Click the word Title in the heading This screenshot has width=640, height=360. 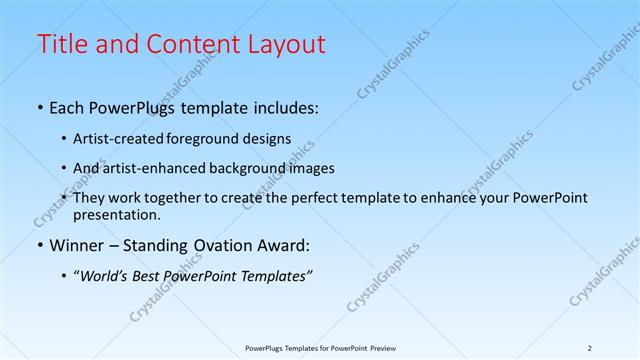coord(61,44)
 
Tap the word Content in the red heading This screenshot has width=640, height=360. coord(188,44)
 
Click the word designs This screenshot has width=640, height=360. coord(269,139)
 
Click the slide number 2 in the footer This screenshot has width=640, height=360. coord(590,347)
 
